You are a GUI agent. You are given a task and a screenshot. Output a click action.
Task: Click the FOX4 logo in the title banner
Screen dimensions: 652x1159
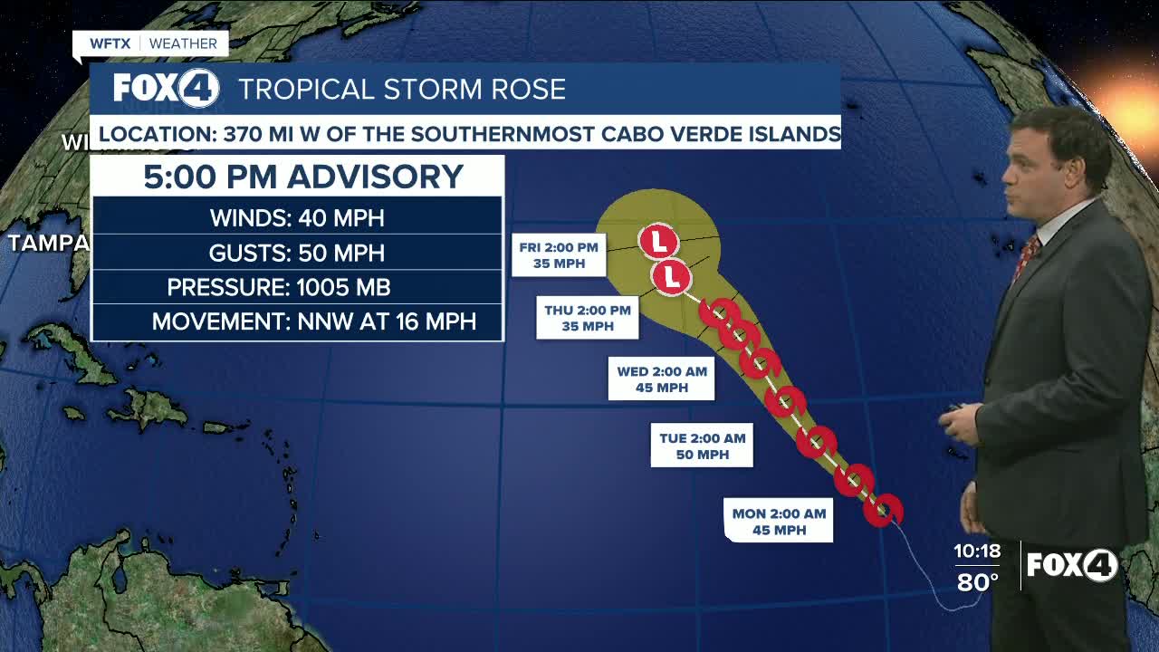(x=166, y=89)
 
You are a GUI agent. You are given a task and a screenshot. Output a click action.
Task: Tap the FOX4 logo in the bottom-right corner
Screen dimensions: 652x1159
(x=1072, y=565)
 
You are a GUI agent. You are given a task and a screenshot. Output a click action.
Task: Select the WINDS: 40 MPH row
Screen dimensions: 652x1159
(x=297, y=218)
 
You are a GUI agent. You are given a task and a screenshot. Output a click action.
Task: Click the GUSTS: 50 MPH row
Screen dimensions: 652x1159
(x=297, y=253)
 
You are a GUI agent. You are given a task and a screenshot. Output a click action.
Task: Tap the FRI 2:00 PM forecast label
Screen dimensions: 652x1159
(x=558, y=255)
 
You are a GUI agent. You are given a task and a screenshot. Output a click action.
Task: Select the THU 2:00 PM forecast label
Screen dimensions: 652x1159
(x=587, y=318)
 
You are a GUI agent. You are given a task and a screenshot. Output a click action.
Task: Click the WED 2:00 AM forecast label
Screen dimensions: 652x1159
(x=662, y=379)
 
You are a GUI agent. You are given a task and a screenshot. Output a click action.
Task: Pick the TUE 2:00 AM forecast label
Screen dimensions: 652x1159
(x=702, y=446)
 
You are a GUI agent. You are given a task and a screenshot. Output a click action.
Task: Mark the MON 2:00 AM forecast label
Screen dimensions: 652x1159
(x=779, y=522)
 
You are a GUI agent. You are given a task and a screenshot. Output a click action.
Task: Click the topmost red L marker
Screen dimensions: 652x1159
(x=658, y=242)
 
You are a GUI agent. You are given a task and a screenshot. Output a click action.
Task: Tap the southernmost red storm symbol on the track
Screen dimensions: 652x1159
(x=881, y=510)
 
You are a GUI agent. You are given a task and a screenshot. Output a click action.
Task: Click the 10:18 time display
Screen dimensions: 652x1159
(x=976, y=551)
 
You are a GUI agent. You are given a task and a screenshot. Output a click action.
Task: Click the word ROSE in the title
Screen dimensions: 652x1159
(x=524, y=90)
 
